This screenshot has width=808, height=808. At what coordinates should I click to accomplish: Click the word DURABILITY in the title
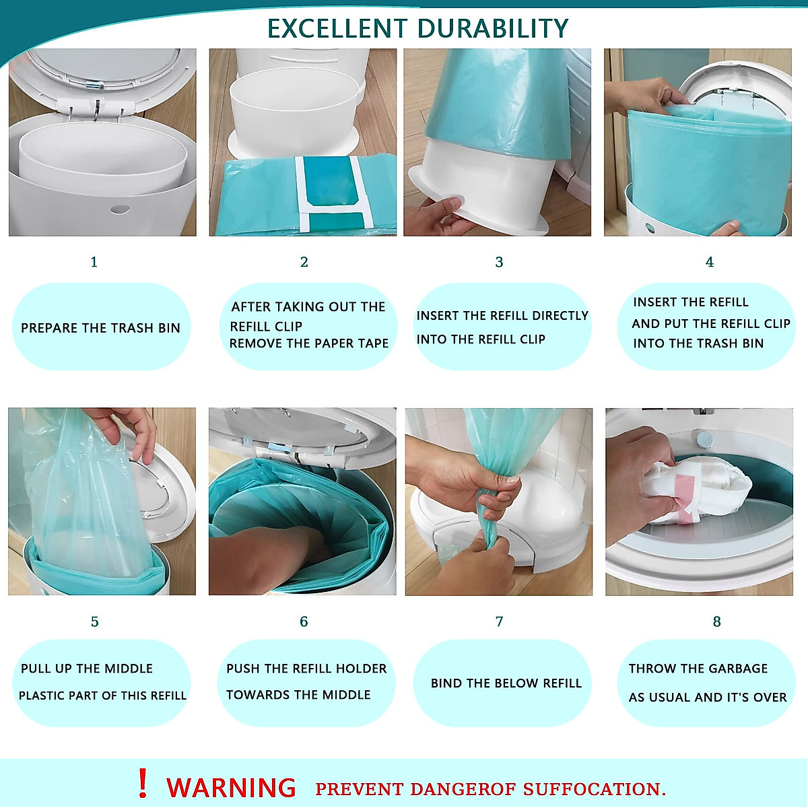tap(493, 28)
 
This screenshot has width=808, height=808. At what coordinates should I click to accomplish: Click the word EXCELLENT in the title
tap(337, 28)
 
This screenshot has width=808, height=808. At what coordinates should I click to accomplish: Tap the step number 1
tap(94, 262)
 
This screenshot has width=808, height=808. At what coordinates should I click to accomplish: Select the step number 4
tap(709, 262)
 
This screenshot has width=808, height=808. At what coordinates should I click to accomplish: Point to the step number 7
tap(499, 621)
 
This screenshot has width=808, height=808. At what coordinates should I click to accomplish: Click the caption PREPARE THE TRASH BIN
tap(100, 328)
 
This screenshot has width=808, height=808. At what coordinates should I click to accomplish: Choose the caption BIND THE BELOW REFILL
tap(506, 683)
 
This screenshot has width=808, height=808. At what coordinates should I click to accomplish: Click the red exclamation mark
tap(142, 784)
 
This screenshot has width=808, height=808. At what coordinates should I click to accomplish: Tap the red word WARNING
tap(231, 788)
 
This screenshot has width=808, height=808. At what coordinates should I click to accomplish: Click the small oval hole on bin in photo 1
tap(119, 209)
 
